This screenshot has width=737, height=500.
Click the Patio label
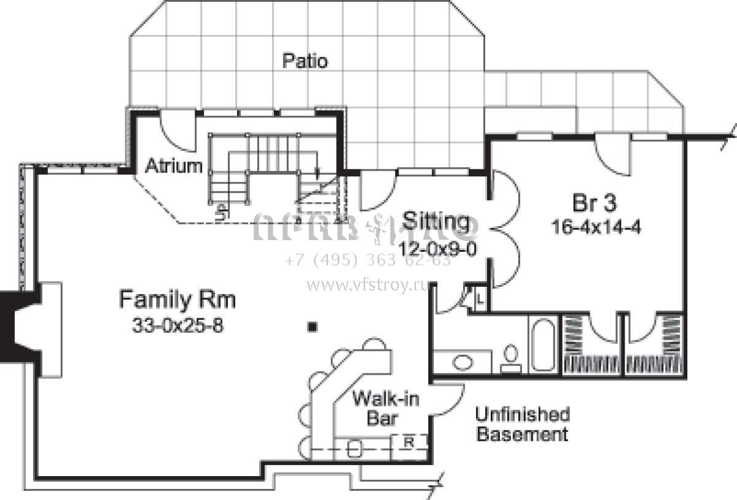point(305,61)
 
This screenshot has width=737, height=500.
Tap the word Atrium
point(174,166)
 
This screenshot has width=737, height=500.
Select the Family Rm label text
point(177,300)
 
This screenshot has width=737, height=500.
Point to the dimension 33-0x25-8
point(177,326)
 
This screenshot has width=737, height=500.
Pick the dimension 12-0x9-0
point(437,249)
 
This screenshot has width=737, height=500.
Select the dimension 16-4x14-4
point(596,227)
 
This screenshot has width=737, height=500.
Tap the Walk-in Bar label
point(385,409)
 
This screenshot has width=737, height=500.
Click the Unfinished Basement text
point(522,424)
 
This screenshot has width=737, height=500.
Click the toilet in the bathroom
point(510,357)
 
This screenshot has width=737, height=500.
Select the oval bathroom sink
point(462,362)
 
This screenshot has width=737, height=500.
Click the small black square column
point(313,327)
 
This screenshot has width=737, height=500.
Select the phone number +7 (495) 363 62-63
point(368,260)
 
